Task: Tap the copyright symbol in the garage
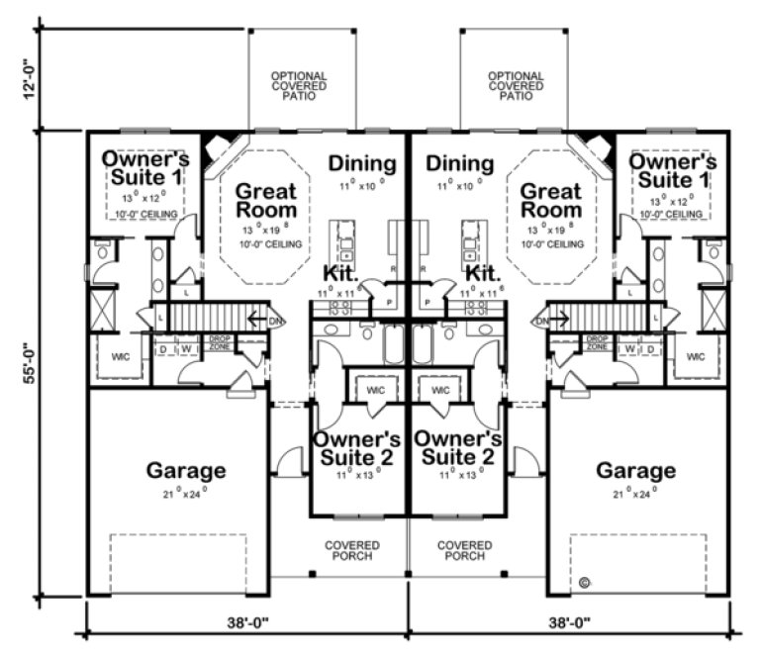[x=586, y=581]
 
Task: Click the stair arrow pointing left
[x=255, y=320]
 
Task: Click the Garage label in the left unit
[x=186, y=470]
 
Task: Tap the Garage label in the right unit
[x=635, y=470]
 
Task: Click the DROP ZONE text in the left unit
[x=219, y=343]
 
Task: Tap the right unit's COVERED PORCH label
[x=465, y=550]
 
